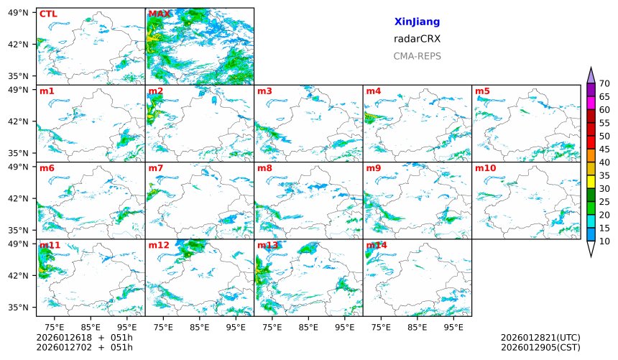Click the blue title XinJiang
417,22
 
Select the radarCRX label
417,40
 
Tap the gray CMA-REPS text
417,56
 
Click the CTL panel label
48,14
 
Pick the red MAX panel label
160,14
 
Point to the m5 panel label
482,91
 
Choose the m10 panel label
485,168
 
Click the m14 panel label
377,245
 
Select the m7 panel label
156,168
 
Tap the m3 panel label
264,91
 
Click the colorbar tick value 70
604,84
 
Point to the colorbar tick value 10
604,241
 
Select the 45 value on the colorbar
604,149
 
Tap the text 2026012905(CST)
540,348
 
